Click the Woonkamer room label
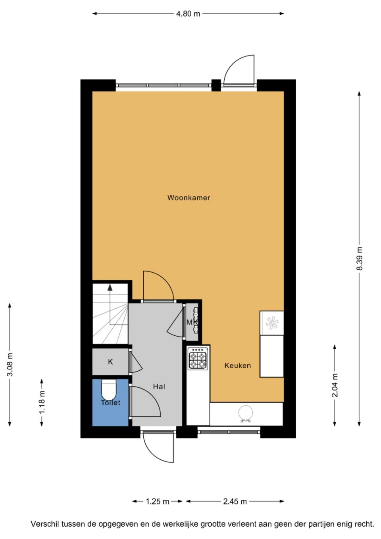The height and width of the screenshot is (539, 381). [x=189, y=198]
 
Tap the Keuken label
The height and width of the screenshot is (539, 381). [x=237, y=366]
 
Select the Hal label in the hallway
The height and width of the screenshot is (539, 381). [x=159, y=387]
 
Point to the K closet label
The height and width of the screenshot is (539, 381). [x=110, y=362]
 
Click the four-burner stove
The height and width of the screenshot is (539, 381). [x=198, y=360]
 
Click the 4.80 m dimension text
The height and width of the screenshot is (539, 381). [x=188, y=14]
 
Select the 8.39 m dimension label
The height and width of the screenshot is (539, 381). [x=359, y=258]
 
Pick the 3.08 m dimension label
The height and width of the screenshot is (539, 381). [x=10, y=364]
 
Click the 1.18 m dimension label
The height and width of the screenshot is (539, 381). [x=42, y=402]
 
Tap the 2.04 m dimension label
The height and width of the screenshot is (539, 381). [x=335, y=385]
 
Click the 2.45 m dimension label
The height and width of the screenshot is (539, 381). [x=235, y=502]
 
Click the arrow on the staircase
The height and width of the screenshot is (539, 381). [x=110, y=288]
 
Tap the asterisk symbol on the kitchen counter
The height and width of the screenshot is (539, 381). [x=272, y=323]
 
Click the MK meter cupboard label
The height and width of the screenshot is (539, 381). [x=192, y=322]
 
